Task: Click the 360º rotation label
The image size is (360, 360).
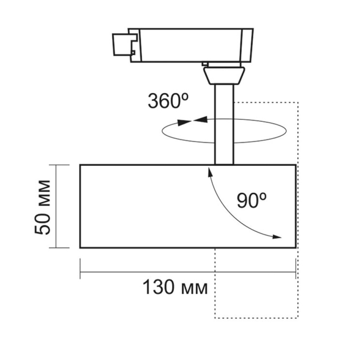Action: click(x=168, y=101)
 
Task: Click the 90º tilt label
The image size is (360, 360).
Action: click(x=252, y=200)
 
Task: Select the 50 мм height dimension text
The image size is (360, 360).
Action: click(x=43, y=207)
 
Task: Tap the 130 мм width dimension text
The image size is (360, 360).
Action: click(x=175, y=288)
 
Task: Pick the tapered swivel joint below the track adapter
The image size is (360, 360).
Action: click(x=224, y=75)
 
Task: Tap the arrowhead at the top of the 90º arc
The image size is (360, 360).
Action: click(x=210, y=171)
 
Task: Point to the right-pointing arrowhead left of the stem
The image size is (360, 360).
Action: click(x=184, y=122)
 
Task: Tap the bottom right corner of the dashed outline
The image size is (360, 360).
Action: click(x=298, y=318)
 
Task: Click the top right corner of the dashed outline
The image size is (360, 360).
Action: click(x=298, y=102)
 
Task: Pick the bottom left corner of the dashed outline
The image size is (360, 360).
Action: click(x=215, y=318)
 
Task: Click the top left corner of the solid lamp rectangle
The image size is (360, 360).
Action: click(x=81, y=165)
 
